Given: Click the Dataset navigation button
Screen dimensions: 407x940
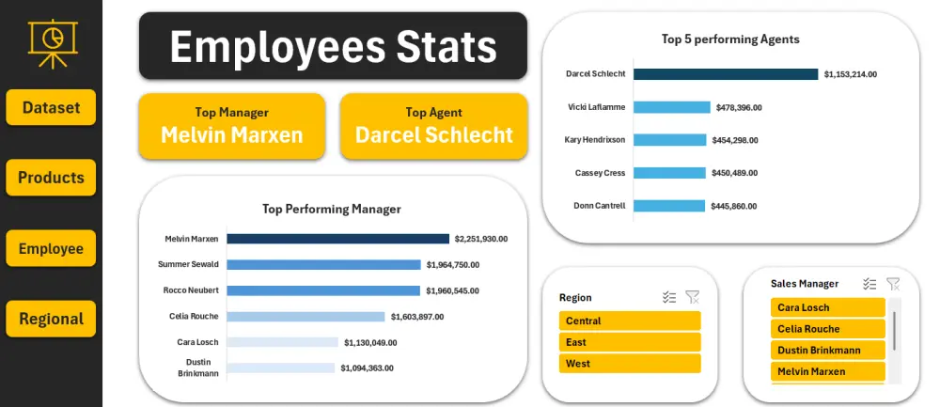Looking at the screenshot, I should click(51, 107).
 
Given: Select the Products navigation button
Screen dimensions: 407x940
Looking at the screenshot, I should click(51, 178).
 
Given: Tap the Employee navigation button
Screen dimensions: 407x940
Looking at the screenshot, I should click(51, 249).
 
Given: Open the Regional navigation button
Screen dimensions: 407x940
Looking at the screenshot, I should click(51, 319).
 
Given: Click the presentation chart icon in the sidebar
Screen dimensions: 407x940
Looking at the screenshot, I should click(51, 42).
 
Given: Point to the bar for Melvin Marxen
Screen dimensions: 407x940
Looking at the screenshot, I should click(337, 239).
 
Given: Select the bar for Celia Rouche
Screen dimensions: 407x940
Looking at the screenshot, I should click(305, 317).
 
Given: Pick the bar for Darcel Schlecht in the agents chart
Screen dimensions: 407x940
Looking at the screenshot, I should click(726, 73).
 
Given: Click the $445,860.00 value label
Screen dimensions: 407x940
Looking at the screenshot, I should click(736, 206).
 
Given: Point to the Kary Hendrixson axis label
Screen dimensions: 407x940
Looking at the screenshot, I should click(595, 140).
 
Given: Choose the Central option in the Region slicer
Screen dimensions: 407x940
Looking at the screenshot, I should click(630, 321).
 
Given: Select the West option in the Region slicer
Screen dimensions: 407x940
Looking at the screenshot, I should click(630, 364).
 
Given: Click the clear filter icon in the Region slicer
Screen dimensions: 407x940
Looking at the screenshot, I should click(693, 297).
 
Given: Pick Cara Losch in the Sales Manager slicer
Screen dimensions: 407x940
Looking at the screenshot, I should click(827, 307).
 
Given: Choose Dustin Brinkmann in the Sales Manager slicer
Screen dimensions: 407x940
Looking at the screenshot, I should click(827, 350).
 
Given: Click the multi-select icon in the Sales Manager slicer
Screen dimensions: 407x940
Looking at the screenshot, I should click(869, 283).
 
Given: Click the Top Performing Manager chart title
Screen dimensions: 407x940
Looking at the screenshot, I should click(332, 209).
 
